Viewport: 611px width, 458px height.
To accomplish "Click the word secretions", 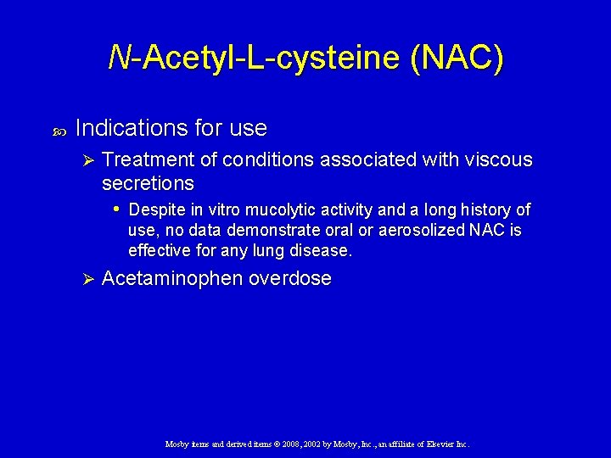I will click(148, 183).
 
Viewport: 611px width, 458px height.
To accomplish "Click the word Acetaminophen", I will click(171, 278).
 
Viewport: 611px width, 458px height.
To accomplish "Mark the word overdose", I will click(289, 278).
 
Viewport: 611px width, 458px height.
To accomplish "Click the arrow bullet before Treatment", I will click(85, 159).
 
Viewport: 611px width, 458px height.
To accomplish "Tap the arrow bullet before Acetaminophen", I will click(85, 278).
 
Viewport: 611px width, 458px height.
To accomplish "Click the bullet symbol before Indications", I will click(58, 131).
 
